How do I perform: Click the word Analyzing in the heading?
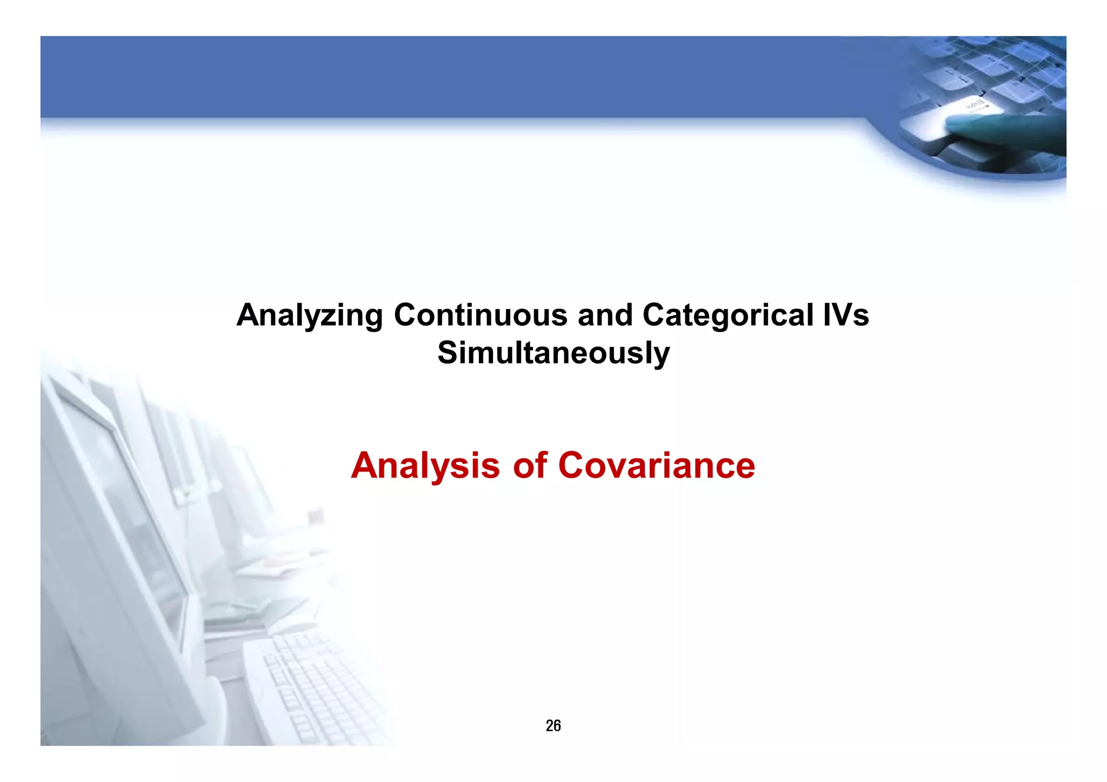[310, 315]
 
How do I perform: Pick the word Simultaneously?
[553, 353]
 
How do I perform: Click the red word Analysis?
[425, 466]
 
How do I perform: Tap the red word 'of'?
[530, 466]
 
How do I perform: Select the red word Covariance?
[656, 466]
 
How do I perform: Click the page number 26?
[553, 725]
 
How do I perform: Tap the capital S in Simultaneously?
[449, 353]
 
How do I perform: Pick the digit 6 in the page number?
[557, 725]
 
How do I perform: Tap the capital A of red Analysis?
[365, 466]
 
